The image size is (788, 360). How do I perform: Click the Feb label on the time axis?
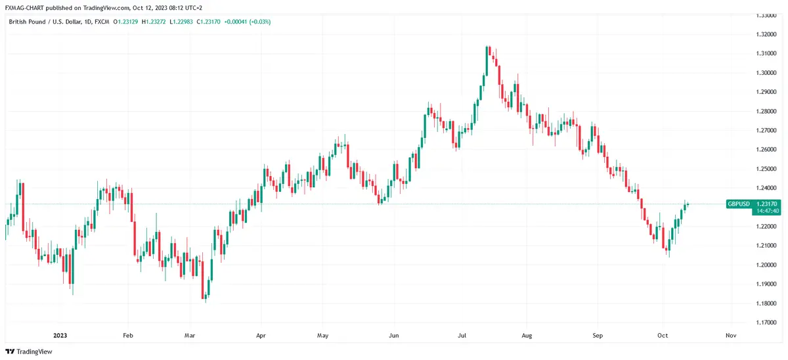coord(128,334)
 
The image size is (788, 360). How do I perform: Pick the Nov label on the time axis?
coord(730,334)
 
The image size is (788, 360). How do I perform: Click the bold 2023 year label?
coord(60,334)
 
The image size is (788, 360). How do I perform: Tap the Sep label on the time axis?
coord(597,334)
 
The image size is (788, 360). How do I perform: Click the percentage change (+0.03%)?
coord(257,22)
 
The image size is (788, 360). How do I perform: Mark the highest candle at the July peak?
coord(488,50)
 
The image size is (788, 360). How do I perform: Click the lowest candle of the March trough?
coord(206,298)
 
